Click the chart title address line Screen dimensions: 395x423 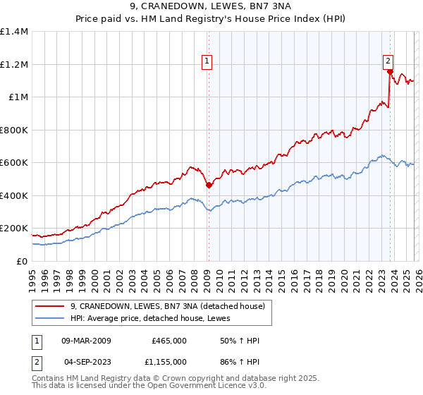(x=211, y=6)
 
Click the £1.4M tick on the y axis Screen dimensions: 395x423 (x=14, y=32)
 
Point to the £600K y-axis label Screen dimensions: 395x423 (x=13, y=163)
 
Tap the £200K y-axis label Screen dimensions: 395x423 (x=13, y=229)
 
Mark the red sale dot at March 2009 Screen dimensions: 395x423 (x=209, y=186)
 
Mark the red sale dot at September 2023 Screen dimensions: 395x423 (x=390, y=72)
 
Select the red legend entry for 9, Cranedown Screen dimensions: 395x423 (x=167, y=306)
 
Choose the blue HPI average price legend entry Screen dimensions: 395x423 (x=155, y=318)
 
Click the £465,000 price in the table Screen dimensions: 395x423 (x=169, y=341)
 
